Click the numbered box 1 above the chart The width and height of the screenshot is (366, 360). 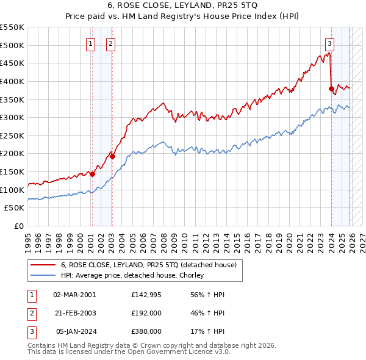pos(91,43)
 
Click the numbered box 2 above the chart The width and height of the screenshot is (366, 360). pos(110,43)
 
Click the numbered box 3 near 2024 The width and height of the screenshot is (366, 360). pos(329,43)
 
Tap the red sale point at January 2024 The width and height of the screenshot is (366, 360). pos(331,88)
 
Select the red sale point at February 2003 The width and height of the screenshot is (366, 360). pos(112,156)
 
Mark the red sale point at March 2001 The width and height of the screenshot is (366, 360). pos(92,174)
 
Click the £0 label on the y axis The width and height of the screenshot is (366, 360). pos(19,226)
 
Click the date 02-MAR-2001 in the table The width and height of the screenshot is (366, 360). pos(74,294)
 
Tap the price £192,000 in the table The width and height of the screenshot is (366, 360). pos(146,313)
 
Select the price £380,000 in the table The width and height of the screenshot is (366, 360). pos(146,332)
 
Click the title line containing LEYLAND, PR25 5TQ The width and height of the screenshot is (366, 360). pos(183,7)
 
